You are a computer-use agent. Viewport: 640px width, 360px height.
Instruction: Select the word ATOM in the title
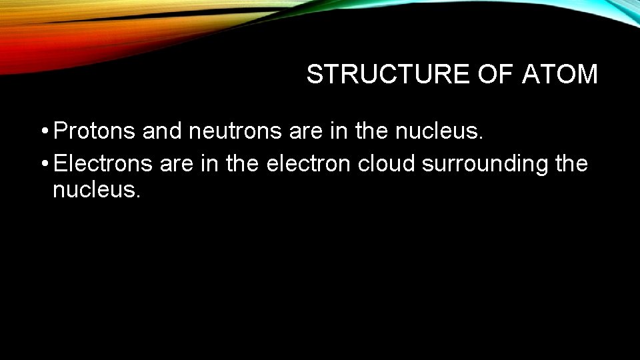(x=561, y=75)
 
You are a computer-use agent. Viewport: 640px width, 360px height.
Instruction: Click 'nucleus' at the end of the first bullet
(x=438, y=132)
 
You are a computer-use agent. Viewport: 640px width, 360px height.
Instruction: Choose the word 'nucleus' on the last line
(x=96, y=191)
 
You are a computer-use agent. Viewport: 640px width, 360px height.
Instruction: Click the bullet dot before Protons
(x=43, y=132)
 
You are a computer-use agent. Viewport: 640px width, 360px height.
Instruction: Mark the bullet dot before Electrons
(x=43, y=163)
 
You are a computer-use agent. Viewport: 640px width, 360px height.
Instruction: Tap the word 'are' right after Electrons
(x=176, y=163)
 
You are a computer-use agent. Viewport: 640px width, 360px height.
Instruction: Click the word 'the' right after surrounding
(x=571, y=163)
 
